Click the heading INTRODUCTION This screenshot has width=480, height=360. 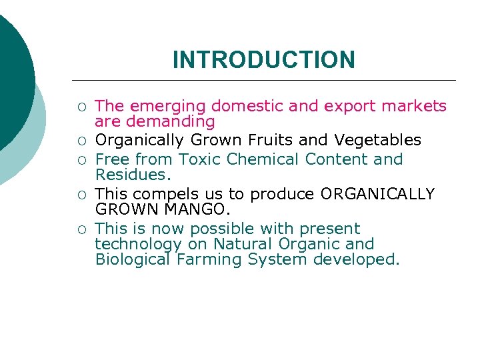pos(263,60)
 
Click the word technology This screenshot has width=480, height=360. pos(138,244)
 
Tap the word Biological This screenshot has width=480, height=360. pos(133,259)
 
